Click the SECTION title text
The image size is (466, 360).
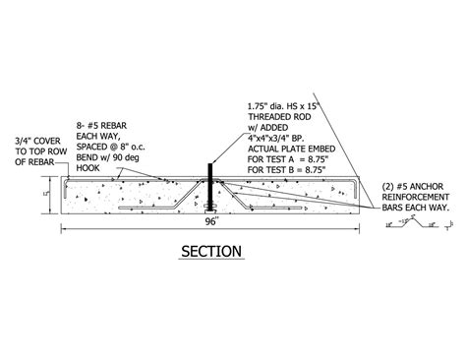[x=211, y=252]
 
